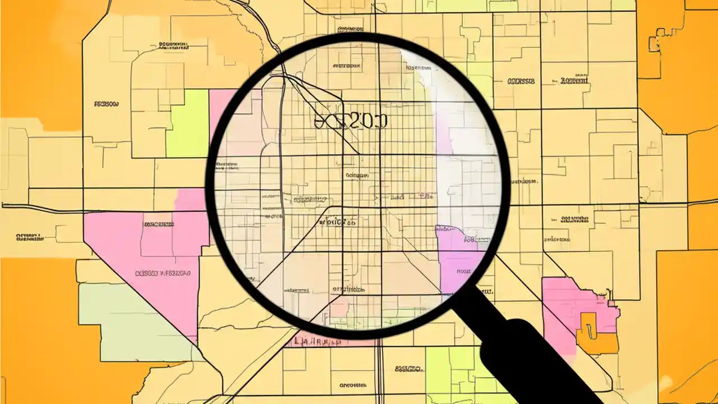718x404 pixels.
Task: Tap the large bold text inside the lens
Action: pos(351,120)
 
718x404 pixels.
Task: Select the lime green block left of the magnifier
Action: pos(188,123)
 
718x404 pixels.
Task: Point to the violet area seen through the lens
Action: pos(460,264)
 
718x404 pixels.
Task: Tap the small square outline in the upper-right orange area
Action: pos(654,43)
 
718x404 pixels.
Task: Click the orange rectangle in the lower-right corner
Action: pos(687,325)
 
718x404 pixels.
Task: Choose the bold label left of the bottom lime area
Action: pos(408,369)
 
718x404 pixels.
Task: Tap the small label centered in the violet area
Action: pos(464,272)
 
